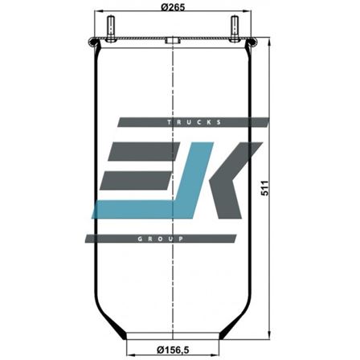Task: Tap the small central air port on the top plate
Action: (x=171, y=40)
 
